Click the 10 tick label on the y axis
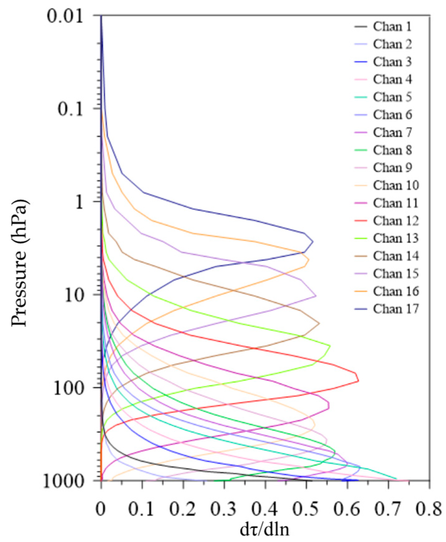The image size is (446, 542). point(75,295)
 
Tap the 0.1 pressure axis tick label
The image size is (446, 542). point(71,109)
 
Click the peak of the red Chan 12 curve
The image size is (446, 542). point(358,380)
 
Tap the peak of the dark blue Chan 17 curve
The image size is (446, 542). point(313,241)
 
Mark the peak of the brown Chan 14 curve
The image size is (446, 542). point(319,323)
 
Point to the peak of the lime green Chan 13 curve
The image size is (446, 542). point(330,346)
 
